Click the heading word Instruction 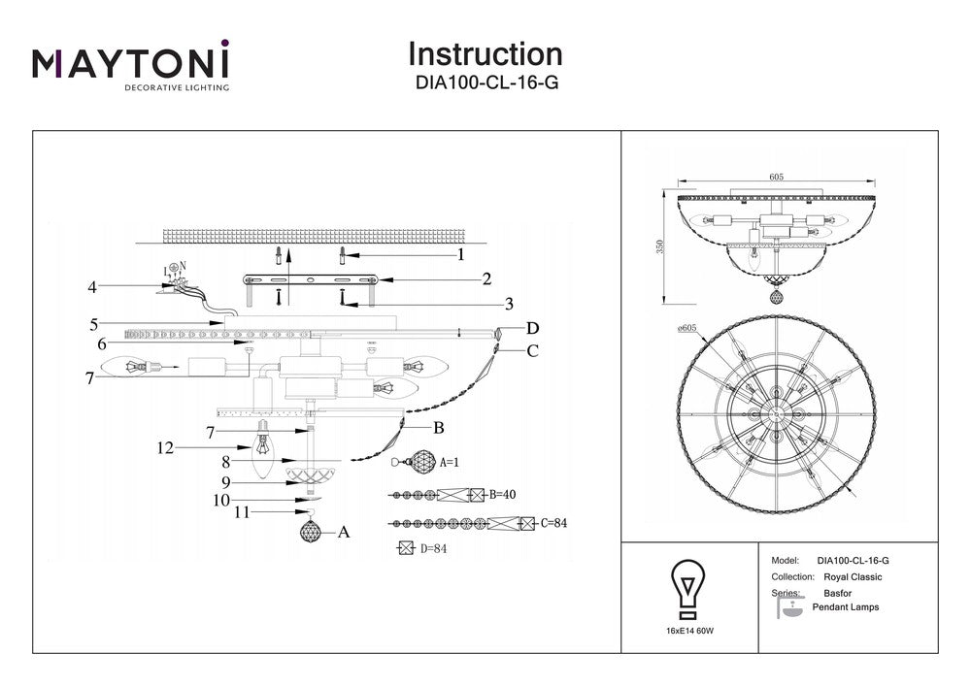point(485,54)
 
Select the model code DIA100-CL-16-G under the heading point(485,83)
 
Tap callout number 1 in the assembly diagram point(460,255)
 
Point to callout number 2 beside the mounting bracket point(486,279)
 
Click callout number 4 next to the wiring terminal point(92,287)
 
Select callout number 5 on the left point(94,323)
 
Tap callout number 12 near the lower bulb point(166,448)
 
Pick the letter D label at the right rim point(532,328)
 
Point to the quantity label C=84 point(552,524)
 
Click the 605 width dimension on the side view point(776,177)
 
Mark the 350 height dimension point(660,247)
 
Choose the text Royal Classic point(852,576)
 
